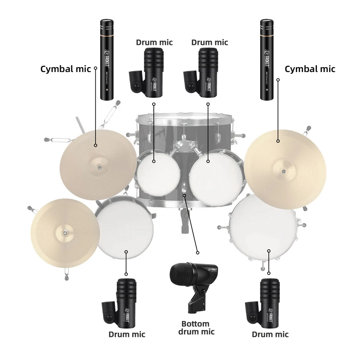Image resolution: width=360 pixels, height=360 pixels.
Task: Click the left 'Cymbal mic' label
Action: point(65,69)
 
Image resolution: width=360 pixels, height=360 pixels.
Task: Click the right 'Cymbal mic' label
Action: point(310,69)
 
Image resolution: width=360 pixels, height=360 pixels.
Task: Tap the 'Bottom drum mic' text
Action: point(195,327)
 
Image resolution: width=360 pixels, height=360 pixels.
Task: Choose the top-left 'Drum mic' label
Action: point(154,42)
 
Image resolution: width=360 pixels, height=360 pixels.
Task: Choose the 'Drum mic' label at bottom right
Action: point(270,334)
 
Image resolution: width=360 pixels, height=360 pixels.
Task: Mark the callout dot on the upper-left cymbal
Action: point(96,145)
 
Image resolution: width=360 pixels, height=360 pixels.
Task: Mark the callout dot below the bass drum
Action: point(198,252)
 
